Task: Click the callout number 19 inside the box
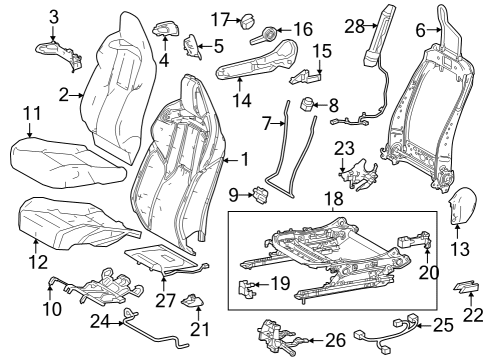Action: pos(280,283)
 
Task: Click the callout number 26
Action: pos(336,340)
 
